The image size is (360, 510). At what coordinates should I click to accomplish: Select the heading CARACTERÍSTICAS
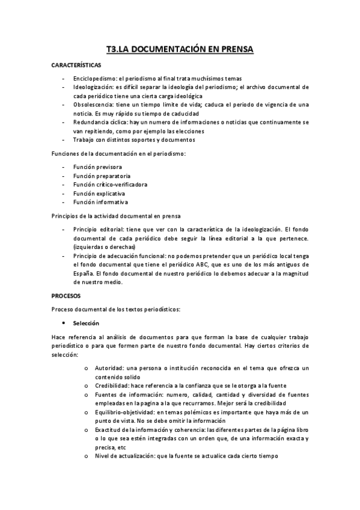click(x=76, y=64)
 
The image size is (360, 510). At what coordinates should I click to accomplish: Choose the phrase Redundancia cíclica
click(x=101, y=122)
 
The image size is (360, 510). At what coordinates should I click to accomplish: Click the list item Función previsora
click(x=97, y=166)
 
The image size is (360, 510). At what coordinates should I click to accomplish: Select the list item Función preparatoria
click(x=100, y=175)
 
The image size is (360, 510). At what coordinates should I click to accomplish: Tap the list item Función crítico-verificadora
click(x=110, y=184)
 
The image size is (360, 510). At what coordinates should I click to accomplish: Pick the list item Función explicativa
click(x=99, y=193)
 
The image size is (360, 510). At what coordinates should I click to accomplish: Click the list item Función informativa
click(x=99, y=202)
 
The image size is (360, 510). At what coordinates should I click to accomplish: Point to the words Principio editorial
click(x=98, y=230)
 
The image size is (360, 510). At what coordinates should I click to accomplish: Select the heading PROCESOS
click(x=66, y=296)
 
